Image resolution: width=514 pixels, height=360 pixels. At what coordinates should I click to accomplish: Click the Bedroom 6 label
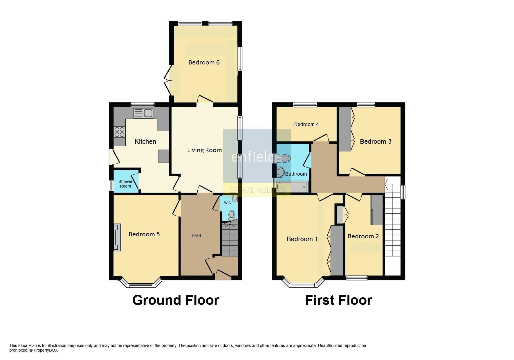(x=204, y=62)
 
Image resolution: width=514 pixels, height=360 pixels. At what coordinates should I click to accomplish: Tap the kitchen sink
(x=143, y=113)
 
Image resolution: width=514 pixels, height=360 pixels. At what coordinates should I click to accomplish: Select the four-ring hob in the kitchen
(x=120, y=132)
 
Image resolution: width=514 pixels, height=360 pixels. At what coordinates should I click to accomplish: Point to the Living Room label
(x=204, y=150)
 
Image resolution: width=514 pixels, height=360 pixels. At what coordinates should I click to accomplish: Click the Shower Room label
(x=125, y=184)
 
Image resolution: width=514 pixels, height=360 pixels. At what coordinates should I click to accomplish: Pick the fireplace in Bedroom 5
(x=117, y=237)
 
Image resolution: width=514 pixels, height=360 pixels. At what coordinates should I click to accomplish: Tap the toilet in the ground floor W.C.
(x=231, y=215)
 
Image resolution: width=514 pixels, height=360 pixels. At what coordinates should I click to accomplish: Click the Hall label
(x=196, y=235)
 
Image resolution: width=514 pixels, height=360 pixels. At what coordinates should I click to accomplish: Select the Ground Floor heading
(x=176, y=300)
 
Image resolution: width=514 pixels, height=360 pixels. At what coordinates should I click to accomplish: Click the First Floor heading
(x=338, y=300)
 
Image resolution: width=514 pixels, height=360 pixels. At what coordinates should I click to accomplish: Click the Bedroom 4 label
(x=306, y=124)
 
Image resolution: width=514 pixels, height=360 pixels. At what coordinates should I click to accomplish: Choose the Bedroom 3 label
(x=376, y=141)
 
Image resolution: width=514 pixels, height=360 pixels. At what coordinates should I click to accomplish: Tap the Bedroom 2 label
(x=363, y=236)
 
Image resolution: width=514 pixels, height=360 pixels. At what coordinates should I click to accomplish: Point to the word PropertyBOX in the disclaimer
(x=46, y=350)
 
